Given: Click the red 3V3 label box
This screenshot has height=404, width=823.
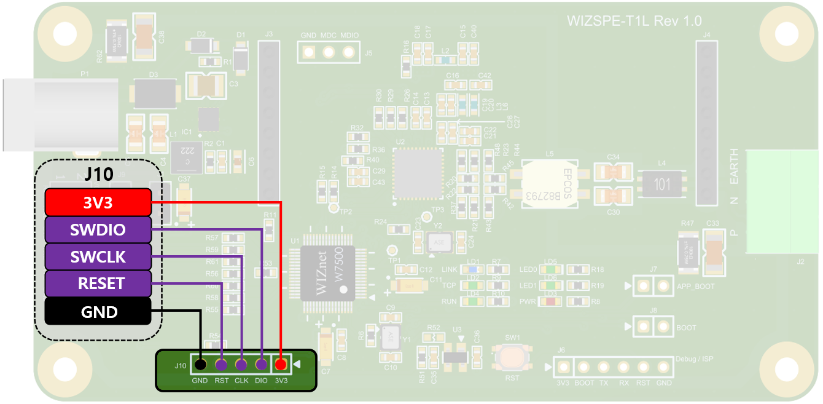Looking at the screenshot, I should (x=98, y=202).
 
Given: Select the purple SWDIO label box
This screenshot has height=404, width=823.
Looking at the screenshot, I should (x=98, y=229).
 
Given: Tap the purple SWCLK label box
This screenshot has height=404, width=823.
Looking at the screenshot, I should (x=98, y=256).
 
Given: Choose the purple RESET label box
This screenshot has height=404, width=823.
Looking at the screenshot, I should (x=98, y=283).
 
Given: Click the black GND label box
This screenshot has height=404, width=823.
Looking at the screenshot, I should (x=98, y=312).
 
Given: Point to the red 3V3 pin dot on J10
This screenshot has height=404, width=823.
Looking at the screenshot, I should (x=281, y=365).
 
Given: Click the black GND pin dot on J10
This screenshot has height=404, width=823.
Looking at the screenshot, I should (x=200, y=365).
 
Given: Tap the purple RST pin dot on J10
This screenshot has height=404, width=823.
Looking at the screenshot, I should (x=220, y=365).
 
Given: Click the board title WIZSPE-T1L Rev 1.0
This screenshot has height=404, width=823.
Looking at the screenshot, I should (x=634, y=21).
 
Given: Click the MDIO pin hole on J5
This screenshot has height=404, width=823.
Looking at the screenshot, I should (x=349, y=53).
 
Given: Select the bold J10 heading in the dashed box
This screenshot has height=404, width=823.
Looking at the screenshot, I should (x=98, y=174).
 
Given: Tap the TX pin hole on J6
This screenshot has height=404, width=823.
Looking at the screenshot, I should (x=603, y=368).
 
